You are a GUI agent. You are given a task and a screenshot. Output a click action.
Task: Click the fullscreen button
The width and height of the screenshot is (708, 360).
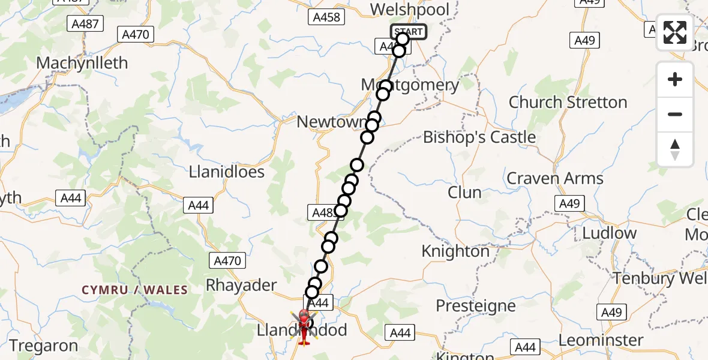675,32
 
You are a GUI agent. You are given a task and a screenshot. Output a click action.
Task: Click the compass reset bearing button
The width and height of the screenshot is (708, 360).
675,149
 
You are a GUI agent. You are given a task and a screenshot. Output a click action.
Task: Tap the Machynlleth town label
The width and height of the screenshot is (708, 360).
82,63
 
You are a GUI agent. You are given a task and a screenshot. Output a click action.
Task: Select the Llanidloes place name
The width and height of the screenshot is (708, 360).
226,172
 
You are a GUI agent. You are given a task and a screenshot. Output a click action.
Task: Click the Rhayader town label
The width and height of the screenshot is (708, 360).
241,285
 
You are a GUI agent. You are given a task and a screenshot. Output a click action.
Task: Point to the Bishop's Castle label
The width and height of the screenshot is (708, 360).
479,137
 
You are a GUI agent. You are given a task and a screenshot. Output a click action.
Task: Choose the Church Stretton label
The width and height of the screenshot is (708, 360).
568,102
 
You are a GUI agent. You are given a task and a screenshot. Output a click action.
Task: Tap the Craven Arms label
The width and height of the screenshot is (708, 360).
555,178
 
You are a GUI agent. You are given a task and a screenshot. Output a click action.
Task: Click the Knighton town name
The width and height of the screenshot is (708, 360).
455,251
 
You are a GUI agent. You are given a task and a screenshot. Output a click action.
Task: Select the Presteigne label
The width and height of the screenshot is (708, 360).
475,306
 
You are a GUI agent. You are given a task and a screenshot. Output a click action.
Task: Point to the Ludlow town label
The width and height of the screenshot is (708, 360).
608,233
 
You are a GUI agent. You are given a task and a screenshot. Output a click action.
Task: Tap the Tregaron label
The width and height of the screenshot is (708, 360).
43,346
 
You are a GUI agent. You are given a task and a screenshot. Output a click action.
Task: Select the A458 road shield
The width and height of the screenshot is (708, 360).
327,17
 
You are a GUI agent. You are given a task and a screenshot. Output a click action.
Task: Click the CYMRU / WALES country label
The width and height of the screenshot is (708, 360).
134,290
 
